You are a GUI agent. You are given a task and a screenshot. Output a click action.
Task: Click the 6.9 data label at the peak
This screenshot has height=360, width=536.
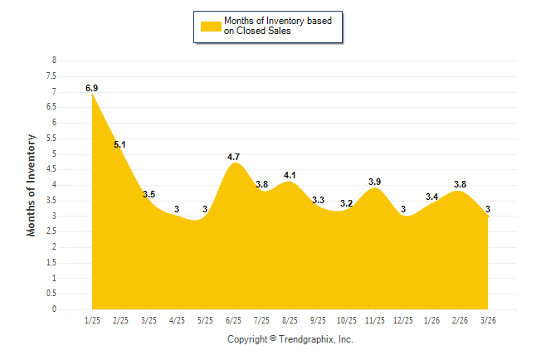pos(91,87)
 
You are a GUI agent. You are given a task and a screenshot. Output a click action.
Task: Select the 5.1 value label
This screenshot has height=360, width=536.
pos(119,144)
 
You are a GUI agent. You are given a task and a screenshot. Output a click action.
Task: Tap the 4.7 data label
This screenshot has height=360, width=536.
pos(233,157)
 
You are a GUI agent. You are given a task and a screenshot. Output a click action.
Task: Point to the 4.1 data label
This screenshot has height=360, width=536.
pos(290,175)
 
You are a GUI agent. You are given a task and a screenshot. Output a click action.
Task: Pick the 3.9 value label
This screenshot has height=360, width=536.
pos(374,182)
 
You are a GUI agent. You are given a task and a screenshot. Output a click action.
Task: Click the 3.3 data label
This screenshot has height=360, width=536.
pos(318,200)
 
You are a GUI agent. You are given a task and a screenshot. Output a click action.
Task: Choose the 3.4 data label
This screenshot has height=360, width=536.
pos(431,197)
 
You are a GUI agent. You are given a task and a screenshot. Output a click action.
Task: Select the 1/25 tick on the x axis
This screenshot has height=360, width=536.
pos(92,319)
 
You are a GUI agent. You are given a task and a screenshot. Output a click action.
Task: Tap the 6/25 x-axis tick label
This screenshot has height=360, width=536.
pos(233,319)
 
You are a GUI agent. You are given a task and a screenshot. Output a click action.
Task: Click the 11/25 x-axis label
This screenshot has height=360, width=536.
pos(374,319)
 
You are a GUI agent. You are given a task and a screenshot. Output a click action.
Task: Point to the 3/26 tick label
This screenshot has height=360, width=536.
pos(488,319)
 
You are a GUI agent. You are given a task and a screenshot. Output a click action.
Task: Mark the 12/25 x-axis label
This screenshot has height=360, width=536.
pos(403,319)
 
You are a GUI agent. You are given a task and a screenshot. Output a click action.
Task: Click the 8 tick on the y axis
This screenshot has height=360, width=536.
pos(54,61)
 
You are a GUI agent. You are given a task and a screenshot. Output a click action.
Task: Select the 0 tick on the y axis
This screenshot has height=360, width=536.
pos(54,309)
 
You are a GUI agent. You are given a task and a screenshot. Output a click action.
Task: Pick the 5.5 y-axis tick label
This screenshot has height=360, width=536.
pos(51,139)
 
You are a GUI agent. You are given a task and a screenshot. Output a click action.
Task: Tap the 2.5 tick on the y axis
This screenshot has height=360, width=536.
pos(51,231)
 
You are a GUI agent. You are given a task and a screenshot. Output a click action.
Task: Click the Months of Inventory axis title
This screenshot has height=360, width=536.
pos(31,185)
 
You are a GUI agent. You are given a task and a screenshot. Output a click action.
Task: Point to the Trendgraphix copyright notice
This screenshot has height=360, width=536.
pos(290,339)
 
